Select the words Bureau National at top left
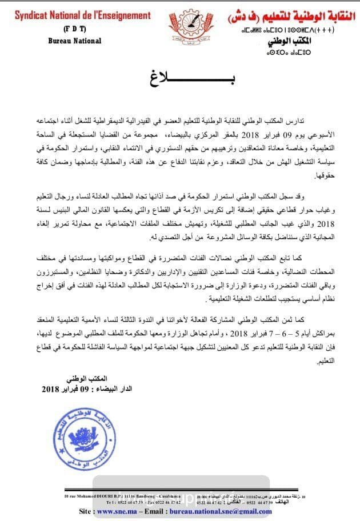click(x=74, y=41)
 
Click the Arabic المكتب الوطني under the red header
click(x=287, y=42)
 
